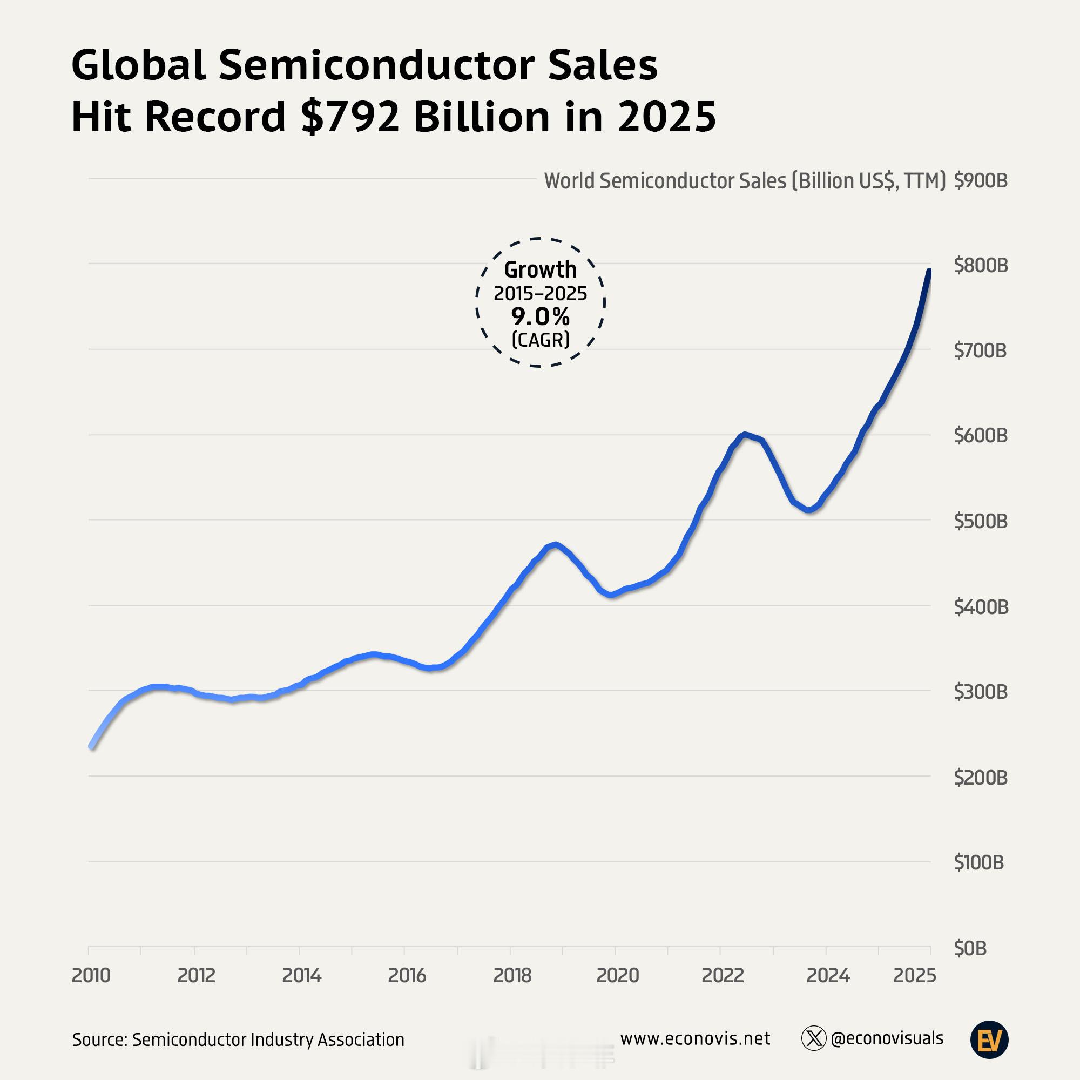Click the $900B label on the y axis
(981, 180)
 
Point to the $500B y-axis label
(981, 521)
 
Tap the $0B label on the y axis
(970, 948)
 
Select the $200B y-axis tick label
(981, 777)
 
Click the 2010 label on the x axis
(91, 975)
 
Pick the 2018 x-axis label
(512, 975)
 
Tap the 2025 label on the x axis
(915, 975)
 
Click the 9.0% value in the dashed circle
(540, 317)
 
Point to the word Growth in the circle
(540, 269)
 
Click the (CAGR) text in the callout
(540, 339)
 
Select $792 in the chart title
(350, 117)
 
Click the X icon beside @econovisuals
(813, 1038)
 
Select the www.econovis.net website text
(695, 1038)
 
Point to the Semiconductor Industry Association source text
(268, 1039)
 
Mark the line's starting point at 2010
(92, 746)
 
